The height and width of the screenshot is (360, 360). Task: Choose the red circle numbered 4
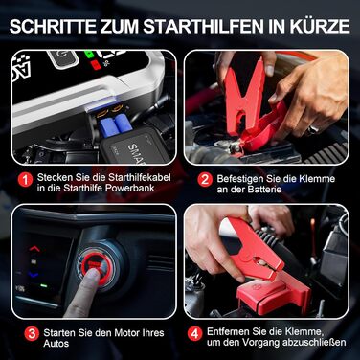tap(204, 333)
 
